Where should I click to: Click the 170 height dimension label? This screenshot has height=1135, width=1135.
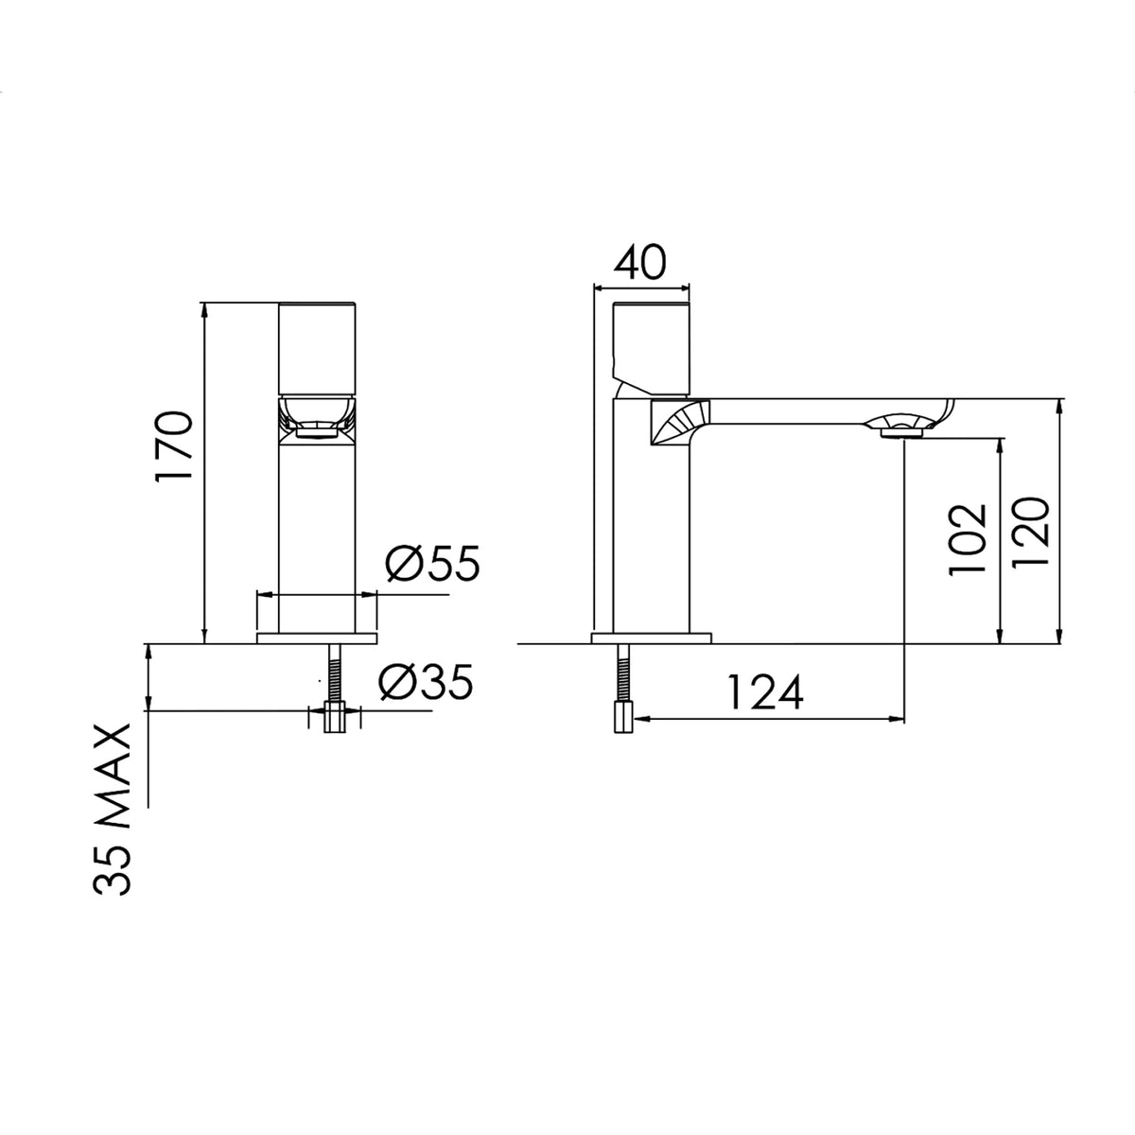pos(175,445)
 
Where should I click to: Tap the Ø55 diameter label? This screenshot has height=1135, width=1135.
pos(433,564)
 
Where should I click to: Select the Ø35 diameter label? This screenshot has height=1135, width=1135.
pos(427,682)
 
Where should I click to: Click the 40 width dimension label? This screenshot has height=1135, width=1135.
pos(639,262)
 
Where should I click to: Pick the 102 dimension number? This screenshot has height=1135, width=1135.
pos(968,539)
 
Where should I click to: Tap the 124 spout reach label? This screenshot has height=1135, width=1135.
pos(766,692)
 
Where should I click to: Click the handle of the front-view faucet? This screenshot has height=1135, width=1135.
pos(317,349)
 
